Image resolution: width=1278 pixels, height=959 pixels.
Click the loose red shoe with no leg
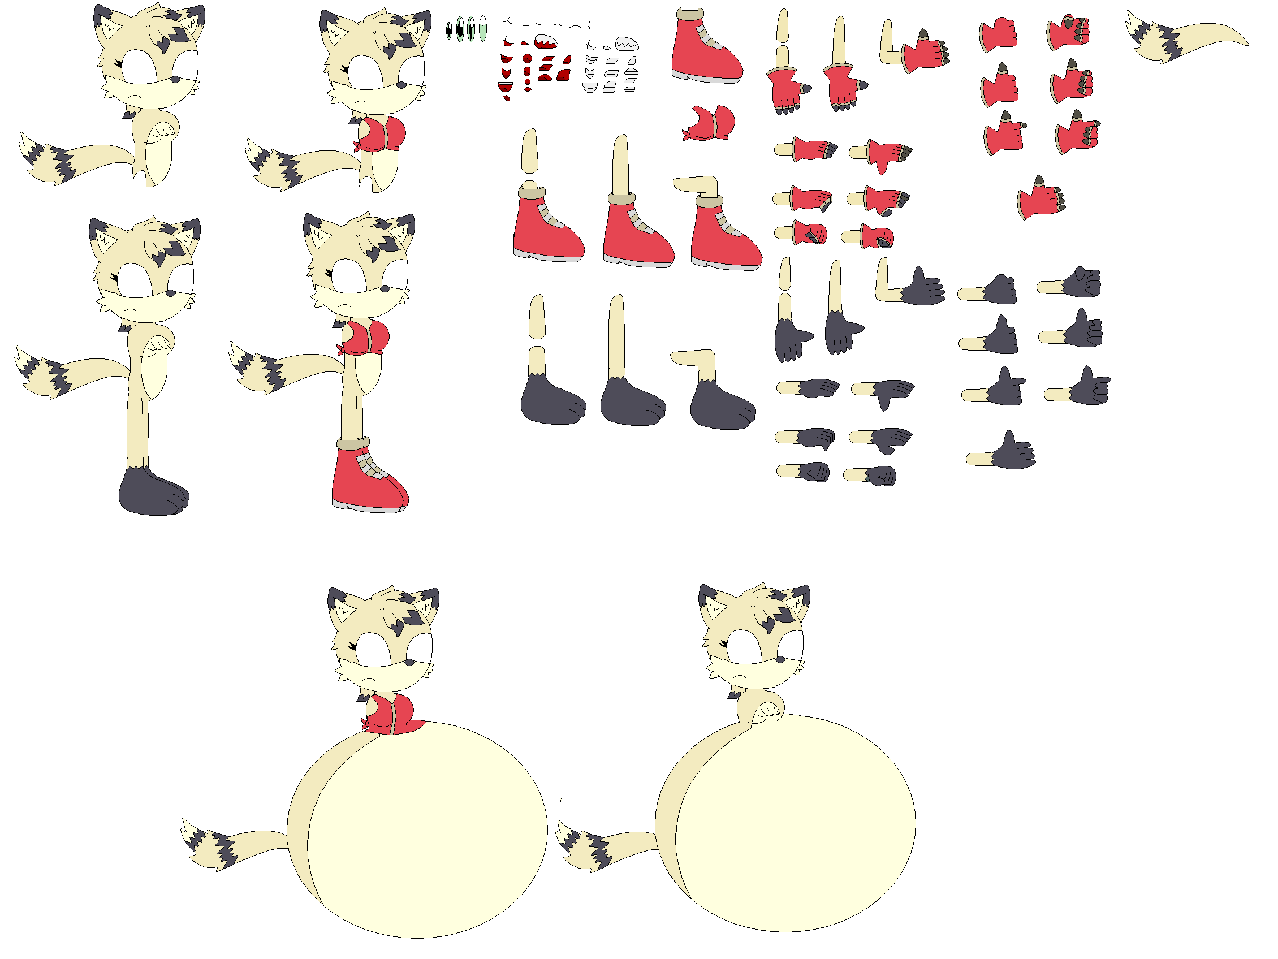pyautogui.click(x=706, y=49)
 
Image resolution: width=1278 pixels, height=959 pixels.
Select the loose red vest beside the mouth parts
pyautogui.click(x=710, y=123)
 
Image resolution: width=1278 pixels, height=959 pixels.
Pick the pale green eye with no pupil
pyautogui.click(x=483, y=28)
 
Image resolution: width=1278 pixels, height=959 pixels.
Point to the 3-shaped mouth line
pyautogui.click(x=588, y=25)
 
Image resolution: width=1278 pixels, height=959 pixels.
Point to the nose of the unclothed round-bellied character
pyautogui.click(x=779, y=659)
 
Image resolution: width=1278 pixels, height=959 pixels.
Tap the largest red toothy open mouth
pyautogui.click(x=545, y=42)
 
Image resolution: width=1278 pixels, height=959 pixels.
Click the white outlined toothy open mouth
pyautogui.click(x=627, y=44)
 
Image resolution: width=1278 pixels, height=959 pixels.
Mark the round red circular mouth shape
pyautogui.click(x=528, y=58)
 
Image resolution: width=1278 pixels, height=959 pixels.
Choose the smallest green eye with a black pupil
pyautogui.click(x=449, y=30)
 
